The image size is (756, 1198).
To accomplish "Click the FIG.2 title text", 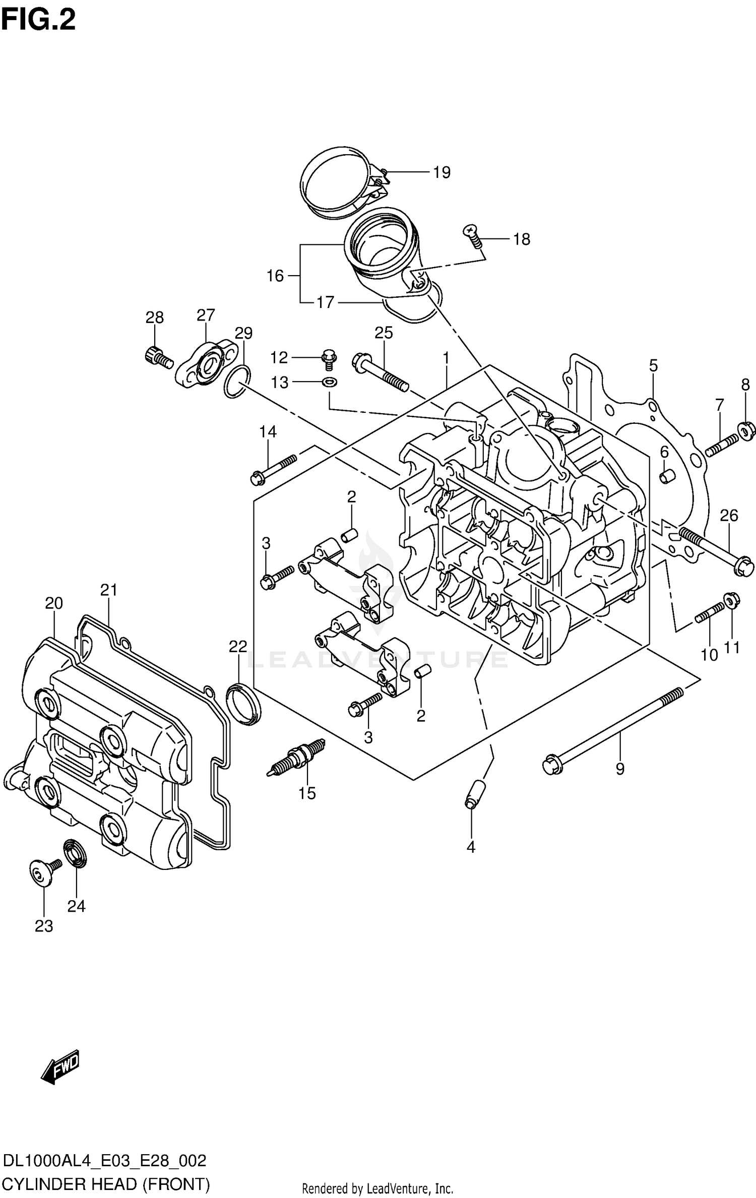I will [38, 20].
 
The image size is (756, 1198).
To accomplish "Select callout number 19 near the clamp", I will [442, 172].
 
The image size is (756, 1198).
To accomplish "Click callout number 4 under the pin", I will [470, 847].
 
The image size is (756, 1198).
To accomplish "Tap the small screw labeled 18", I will [473, 235].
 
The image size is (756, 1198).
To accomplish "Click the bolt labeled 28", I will [158, 357].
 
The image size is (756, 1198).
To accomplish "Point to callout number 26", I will [729, 515].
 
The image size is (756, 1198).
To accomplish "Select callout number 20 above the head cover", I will [54, 603].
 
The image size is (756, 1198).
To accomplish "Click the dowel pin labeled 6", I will [667, 476].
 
